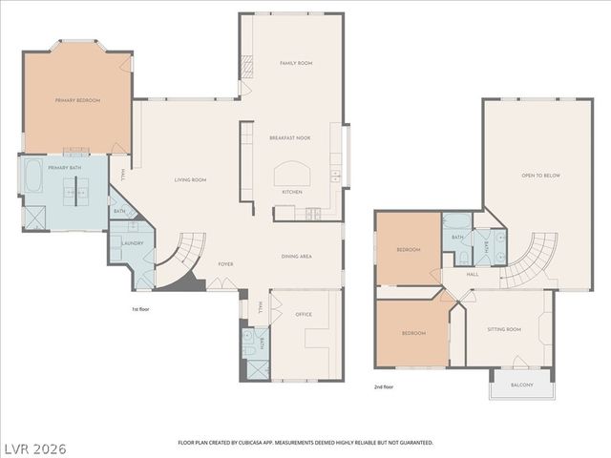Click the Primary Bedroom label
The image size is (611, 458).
[x=77, y=100]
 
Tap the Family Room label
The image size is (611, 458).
[x=296, y=63]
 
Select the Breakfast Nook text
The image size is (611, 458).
[x=290, y=139]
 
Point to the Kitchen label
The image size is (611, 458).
[x=291, y=192]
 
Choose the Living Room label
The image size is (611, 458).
[x=190, y=179]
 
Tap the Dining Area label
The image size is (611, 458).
[x=297, y=256]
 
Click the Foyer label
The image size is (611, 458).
[x=225, y=264]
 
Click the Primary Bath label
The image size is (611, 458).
[x=64, y=167]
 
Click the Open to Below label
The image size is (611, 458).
[x=540, y=176]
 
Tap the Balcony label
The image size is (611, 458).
[x=521, y=385]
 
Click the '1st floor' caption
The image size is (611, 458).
[x=142, y=309]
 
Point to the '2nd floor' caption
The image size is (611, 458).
[x=385, y=387]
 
